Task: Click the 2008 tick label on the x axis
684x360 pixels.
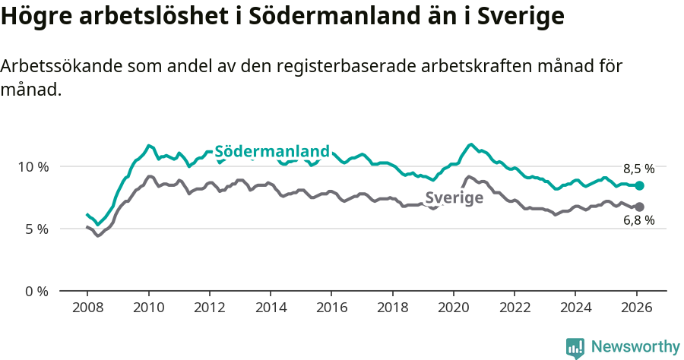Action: (x=87, y=310)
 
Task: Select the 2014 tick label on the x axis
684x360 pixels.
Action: (x=270, y=310)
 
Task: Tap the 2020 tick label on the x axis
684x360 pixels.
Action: (x=453, y=310)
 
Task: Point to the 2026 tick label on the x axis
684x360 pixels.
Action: (x=635, y=310)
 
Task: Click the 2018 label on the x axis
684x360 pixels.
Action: (x=392, y=310)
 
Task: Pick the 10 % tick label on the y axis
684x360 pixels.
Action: (x=33, y=166)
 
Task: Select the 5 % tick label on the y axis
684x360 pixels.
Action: (x=36, y=229)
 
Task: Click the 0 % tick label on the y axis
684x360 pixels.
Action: (x=36, y=291)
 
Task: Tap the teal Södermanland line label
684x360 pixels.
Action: (x=272, y=151)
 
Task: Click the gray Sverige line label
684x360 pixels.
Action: (x=454, y=198)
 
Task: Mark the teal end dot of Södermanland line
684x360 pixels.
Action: (x=640, y=185)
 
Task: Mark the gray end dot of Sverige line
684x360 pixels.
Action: (x=640, y=207)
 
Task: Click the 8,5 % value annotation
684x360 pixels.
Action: (x=638, y=169)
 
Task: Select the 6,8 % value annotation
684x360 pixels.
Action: (x=638, y=221)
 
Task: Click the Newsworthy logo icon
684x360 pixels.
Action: (x=575, y=347)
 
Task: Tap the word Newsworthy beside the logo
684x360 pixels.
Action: (x=635, y=347)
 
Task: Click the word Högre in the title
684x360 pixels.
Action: (x=33, y=17)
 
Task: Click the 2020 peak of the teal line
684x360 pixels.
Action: (x=471, y=144)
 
